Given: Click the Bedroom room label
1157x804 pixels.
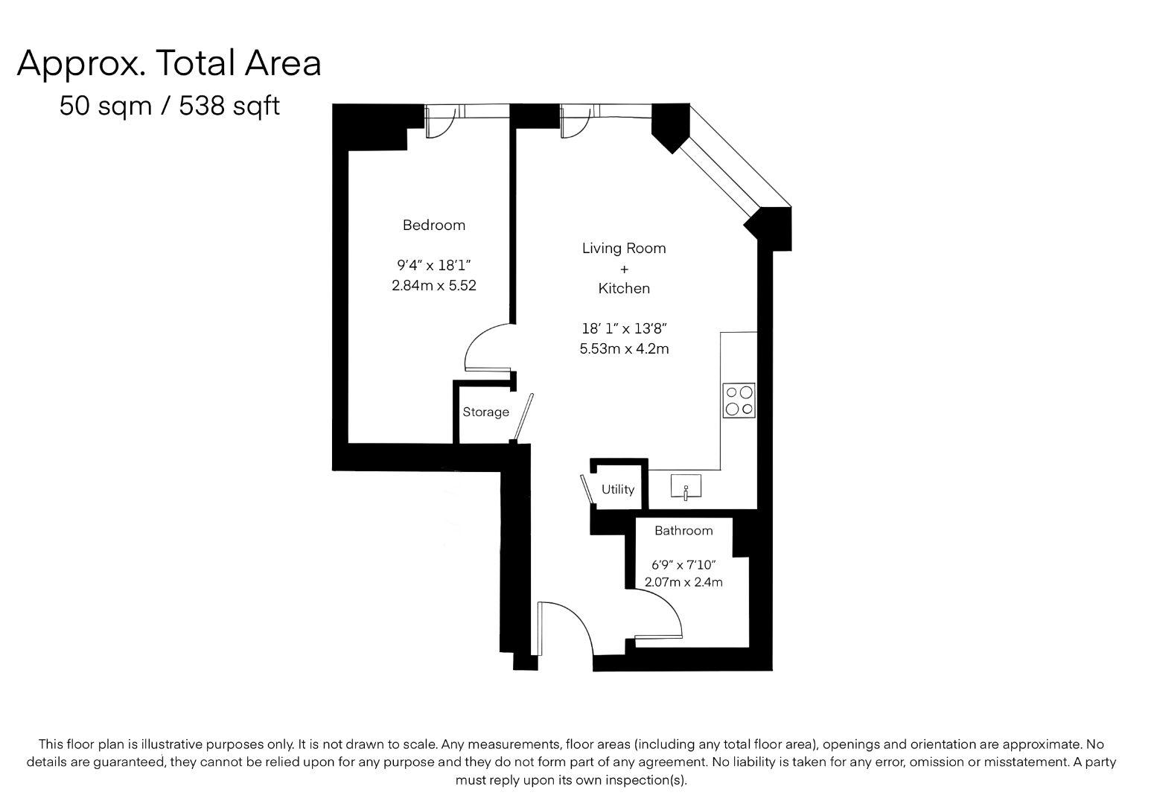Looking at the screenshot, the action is tap(434, 226).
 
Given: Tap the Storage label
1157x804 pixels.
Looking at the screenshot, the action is tap(485, 412).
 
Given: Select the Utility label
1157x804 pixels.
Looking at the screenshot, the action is tap(618, 490).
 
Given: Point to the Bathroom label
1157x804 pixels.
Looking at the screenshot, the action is tap(683, 530).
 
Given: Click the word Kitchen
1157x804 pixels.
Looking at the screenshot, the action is tap(624, 288).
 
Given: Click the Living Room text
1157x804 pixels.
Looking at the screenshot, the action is tap(624, 249).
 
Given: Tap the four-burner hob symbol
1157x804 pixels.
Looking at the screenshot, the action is tap(739, 401).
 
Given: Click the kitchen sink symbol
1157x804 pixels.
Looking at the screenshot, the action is tap(686, 486).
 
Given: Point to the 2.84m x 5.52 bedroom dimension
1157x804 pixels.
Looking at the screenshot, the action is tap(434, 286).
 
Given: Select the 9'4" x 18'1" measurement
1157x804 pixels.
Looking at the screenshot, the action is tap(434, 266).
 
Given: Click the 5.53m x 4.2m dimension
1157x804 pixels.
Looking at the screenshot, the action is tap(624, 349).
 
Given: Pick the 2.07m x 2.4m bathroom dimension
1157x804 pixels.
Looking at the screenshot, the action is tap(683, 582).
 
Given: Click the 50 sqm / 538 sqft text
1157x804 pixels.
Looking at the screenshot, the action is tap(170, 106).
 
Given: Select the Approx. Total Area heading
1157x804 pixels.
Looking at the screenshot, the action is tap(169, 63).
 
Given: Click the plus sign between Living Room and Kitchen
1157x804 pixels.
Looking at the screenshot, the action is tap(624, 269).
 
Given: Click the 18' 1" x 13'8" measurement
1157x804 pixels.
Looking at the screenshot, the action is tap(624, 328).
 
